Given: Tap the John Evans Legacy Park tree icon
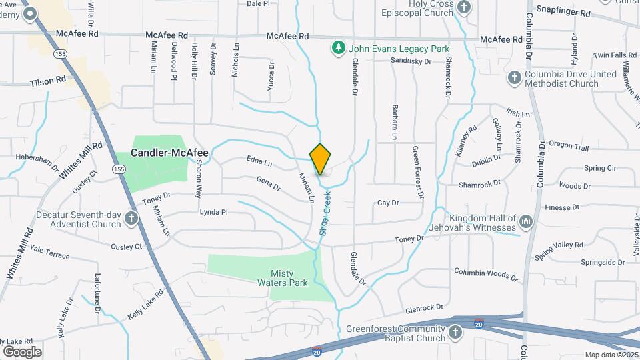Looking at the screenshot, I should [x=339, y=48].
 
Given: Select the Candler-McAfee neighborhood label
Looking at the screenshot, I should [x=169, y=153].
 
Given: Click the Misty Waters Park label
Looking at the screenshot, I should [x=289, y=277].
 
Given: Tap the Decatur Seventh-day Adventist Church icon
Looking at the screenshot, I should [x=132, y=218].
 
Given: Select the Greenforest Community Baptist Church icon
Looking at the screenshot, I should [x=455, y=332].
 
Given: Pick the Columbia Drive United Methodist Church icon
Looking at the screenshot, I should [x=514, y=78].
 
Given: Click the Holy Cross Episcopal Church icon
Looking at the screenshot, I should [x=465, y=7].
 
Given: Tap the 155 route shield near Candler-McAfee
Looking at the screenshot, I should [x=119, y=170].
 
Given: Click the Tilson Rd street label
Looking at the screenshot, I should [x=48, y=80].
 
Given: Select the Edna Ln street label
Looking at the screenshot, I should [x=259, y=162].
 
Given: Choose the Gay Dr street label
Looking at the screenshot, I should [x=387, y=203].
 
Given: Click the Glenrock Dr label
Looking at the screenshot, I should [x=424, y=309].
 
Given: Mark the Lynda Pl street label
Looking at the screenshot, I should [x=214, y=212].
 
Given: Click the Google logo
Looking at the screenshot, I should [x=22, y=351].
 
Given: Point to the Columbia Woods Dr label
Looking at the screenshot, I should [x=485, y=273].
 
